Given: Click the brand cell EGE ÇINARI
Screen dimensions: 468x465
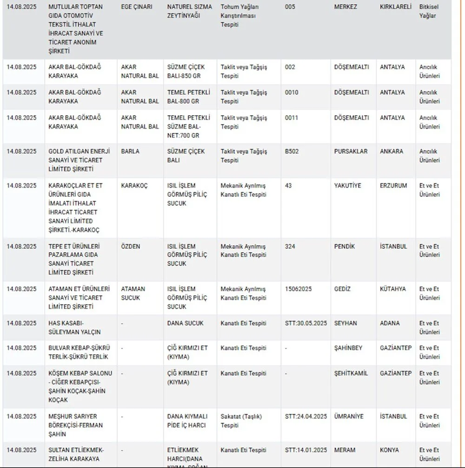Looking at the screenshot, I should point(136,7).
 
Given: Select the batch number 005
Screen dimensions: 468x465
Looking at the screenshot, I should point(290,7).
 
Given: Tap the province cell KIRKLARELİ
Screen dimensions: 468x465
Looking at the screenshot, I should point(395,7).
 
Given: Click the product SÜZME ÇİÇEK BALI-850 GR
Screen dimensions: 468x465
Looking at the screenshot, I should point(186,71).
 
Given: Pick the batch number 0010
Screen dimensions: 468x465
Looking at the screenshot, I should point(292,92).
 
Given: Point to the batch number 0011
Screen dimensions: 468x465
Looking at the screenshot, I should point(292,118).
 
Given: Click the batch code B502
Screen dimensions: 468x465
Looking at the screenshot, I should point(292,151).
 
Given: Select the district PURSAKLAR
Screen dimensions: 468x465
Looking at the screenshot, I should point(351,151).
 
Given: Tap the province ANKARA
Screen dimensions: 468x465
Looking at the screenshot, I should point(392,151).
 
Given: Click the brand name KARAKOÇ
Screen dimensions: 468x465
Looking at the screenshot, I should point(134,186).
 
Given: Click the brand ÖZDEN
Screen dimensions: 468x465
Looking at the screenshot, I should point(130,247).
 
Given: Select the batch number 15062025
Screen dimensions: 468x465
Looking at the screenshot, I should point(298,289).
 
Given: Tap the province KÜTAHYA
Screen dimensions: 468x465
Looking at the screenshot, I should point(392,289).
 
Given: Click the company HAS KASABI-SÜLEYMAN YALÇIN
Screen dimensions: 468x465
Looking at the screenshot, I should point(74,328).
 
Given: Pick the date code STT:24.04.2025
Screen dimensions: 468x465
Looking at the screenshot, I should point(306,416).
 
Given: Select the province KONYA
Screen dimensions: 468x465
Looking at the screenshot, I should point(389,450).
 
